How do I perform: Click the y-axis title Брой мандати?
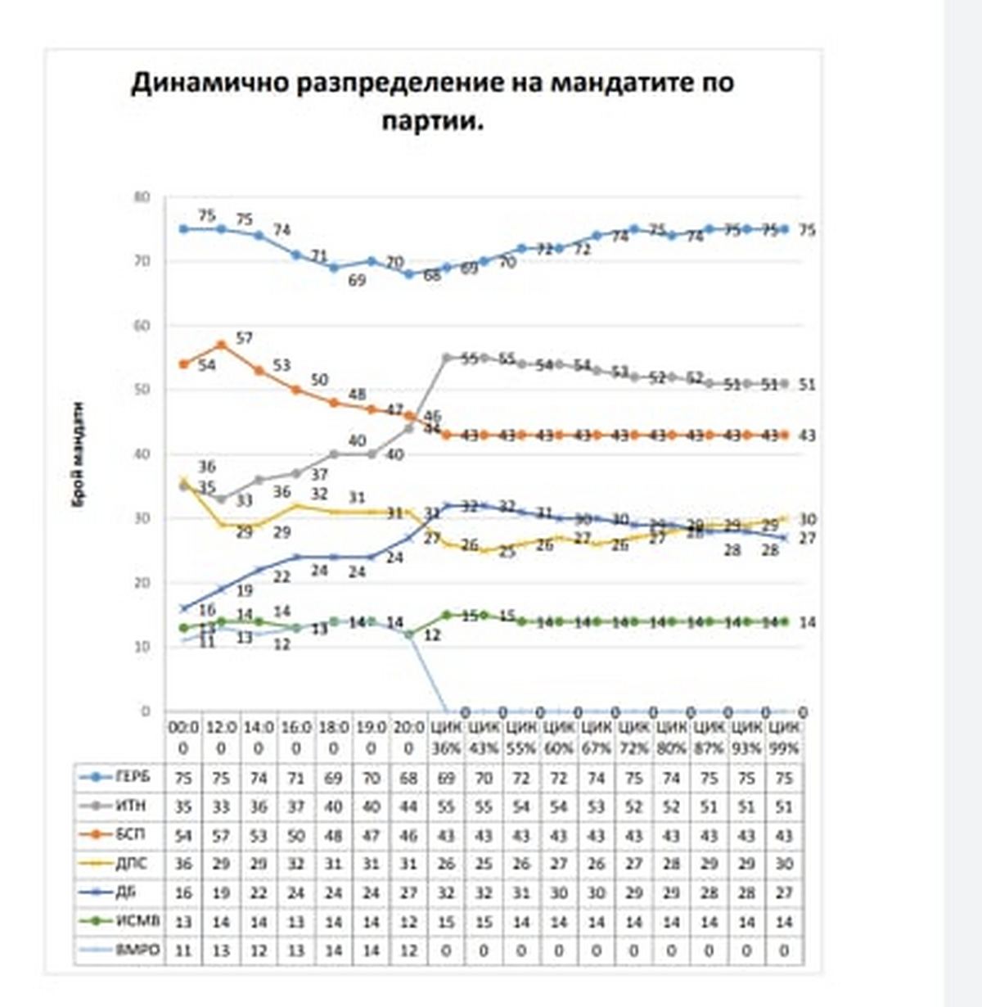click(79, 455)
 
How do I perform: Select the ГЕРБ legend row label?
click(133, 778)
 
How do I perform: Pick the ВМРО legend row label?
click(137, 951)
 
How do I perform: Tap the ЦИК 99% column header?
click(784, 737)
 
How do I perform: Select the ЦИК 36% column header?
click(446, 737)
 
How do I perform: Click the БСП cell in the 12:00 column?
click(221, 836)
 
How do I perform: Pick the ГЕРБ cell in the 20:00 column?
click(408, 778)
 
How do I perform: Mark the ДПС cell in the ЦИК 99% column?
click(784, 865)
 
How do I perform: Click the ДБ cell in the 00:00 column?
click(183, 893)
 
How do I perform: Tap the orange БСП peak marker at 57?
click(221, 345)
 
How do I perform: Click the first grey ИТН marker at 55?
click(447, 358)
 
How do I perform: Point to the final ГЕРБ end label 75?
click(807, 230)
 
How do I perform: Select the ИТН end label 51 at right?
click(807, 384)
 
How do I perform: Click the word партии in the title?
click(429, 122)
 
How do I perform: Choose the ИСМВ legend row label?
click(137, 922)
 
